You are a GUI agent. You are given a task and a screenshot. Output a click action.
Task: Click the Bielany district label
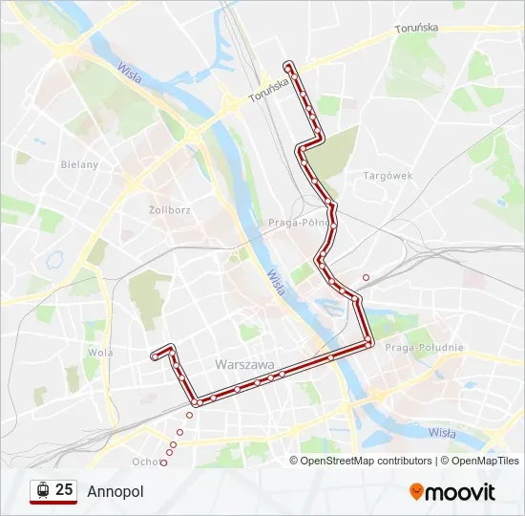tap(80, 164)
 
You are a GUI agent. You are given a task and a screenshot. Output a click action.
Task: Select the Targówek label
tap(388, 176)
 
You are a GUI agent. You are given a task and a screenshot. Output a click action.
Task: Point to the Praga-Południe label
tap(423, 348)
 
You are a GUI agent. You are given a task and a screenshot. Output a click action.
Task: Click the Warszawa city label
tap(244, 365)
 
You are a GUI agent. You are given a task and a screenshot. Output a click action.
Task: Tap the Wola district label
tap(100, 352)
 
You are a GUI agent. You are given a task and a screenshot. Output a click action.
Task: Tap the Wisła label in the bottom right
tap(441, 433)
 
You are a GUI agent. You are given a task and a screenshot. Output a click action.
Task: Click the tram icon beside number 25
tap(41, 491)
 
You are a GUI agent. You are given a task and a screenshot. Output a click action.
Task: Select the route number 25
tap(64, 490)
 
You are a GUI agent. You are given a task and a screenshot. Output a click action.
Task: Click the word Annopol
tap(115, 491)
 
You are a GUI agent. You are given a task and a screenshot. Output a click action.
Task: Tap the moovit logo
tap(452, 492)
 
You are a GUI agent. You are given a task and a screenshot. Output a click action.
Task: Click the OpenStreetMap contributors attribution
tap(365, 461)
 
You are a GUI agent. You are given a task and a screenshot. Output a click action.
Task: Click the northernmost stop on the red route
tap(287, 65)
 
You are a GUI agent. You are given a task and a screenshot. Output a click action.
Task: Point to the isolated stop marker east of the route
tap(366, 277)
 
